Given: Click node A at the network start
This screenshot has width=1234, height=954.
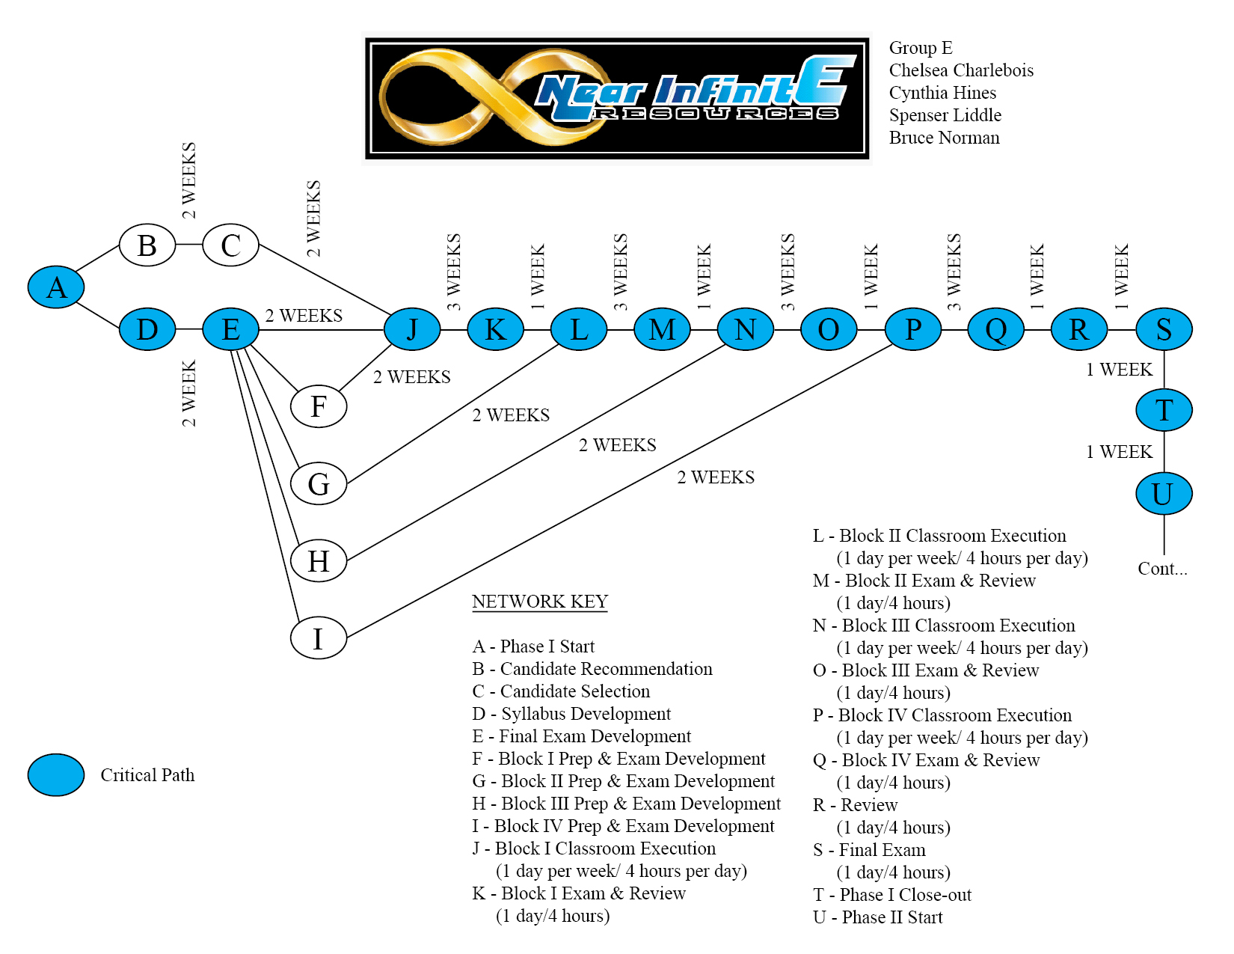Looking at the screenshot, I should (56, 287).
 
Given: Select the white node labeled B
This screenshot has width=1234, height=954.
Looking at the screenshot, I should (147, 245).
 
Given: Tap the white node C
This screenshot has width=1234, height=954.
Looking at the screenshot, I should (230, 245).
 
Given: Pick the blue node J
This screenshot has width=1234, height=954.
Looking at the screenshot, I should (412, 329).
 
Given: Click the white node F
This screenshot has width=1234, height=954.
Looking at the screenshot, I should (319, 406).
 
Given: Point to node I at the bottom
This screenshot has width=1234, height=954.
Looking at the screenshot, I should (319, 638).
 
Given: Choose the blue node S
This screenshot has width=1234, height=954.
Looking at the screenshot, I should (1164, 329).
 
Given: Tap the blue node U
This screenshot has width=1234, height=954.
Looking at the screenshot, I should (1164, 494).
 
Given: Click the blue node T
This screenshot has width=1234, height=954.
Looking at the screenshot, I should (1164, 410).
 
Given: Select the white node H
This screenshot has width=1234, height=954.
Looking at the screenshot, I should (319, 560).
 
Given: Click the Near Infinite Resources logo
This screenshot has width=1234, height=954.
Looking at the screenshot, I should (618, 98).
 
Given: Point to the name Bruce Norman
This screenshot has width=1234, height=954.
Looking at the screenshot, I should (944, 138).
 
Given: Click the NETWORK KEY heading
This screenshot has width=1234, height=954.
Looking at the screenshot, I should (540, 602).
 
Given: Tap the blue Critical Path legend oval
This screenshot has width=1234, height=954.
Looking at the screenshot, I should (56, 774).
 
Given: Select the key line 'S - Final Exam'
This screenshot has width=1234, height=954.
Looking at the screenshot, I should (869, 850).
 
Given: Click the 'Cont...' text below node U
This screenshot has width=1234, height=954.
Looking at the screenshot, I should (1162, 569).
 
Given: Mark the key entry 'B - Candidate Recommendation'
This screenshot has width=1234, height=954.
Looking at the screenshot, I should (592, 669).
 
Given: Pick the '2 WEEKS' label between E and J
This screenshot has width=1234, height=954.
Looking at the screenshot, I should (304, 316).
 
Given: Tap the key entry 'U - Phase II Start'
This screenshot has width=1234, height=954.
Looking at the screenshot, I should (877, 917).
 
